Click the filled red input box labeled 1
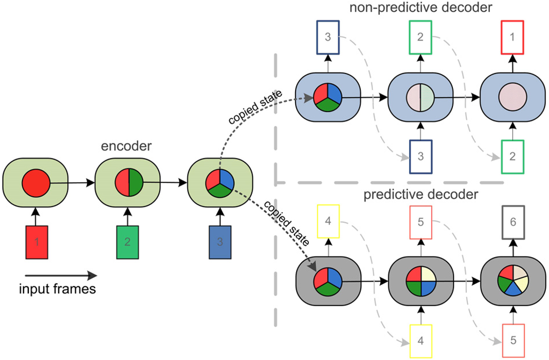pos(36,243)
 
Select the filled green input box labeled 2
pos(127,243)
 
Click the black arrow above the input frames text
pos(59,276)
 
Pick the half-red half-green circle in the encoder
pos(128,184)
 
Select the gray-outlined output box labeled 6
pos(513,223)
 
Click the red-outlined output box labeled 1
pos(513,37)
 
